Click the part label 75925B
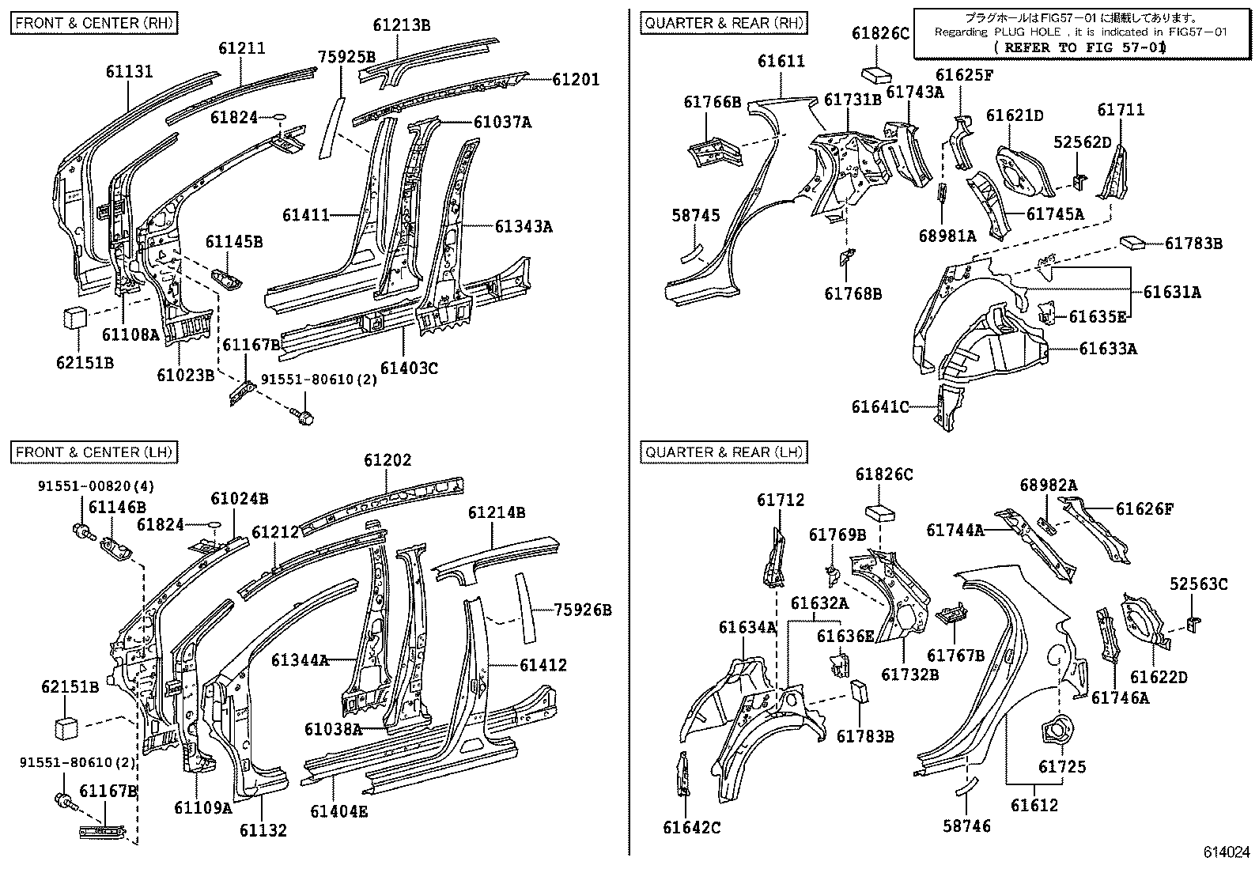(x=346, y=56)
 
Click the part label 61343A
(x=524, y=227)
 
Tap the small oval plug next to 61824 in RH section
(x=278, y=119)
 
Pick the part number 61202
(x=388, y=459)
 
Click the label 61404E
(x=339, y=810)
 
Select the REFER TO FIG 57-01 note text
(x=1079, y=47)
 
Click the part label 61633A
(x=1108, y=348)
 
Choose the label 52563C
(x=1198, y=584)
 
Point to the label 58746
(x=966, y=826)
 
